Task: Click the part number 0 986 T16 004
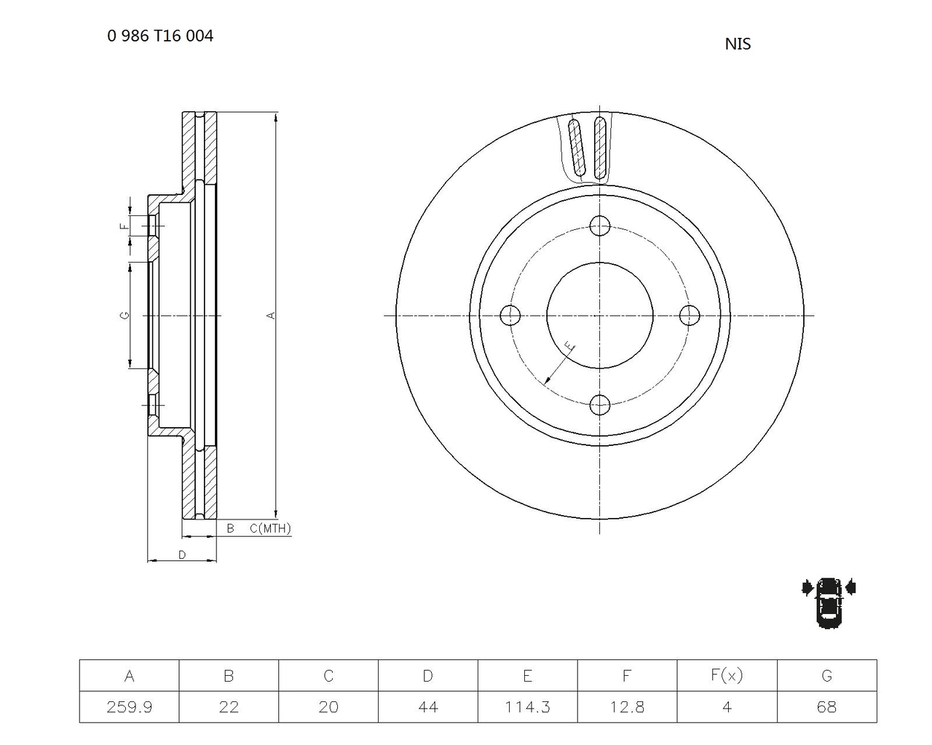pyautogui.click(x=160, y=36)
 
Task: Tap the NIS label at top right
pyautogui.click(x=738, y=44)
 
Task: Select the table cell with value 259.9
pyautogui.click(x=129, y=706)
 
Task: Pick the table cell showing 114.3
pyautogui.click(x=527, y=706)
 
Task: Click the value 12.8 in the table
pyautogui.click(x=627, y=707)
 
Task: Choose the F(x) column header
pyautogui.click(x=727, y=675)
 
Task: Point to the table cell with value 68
pyautogui.click(x=826, y=706)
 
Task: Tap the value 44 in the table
pyautogui.click(x=428, y=707)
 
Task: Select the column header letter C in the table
pyautogui.click(x=328, y=675)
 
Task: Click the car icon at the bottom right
pyautogui.click(x=829, y=602)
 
